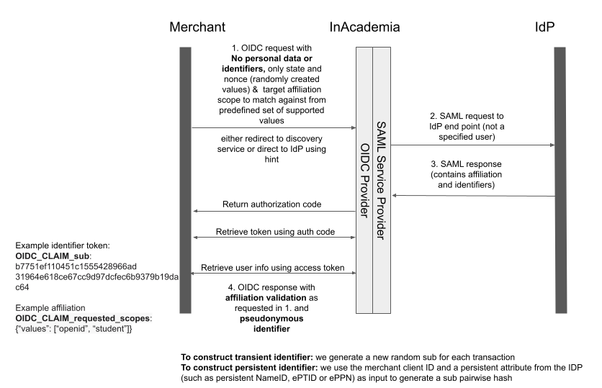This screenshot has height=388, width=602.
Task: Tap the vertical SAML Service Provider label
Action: pyautogui.click(x=382, y=180)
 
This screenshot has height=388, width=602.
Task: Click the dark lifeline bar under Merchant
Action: pyautogui.click(x=185, y=180)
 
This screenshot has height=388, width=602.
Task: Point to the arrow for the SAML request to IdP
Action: pyautogui.click(x=472, y=145)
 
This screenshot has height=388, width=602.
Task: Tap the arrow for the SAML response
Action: pyautogui.click(x=472, y=195)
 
